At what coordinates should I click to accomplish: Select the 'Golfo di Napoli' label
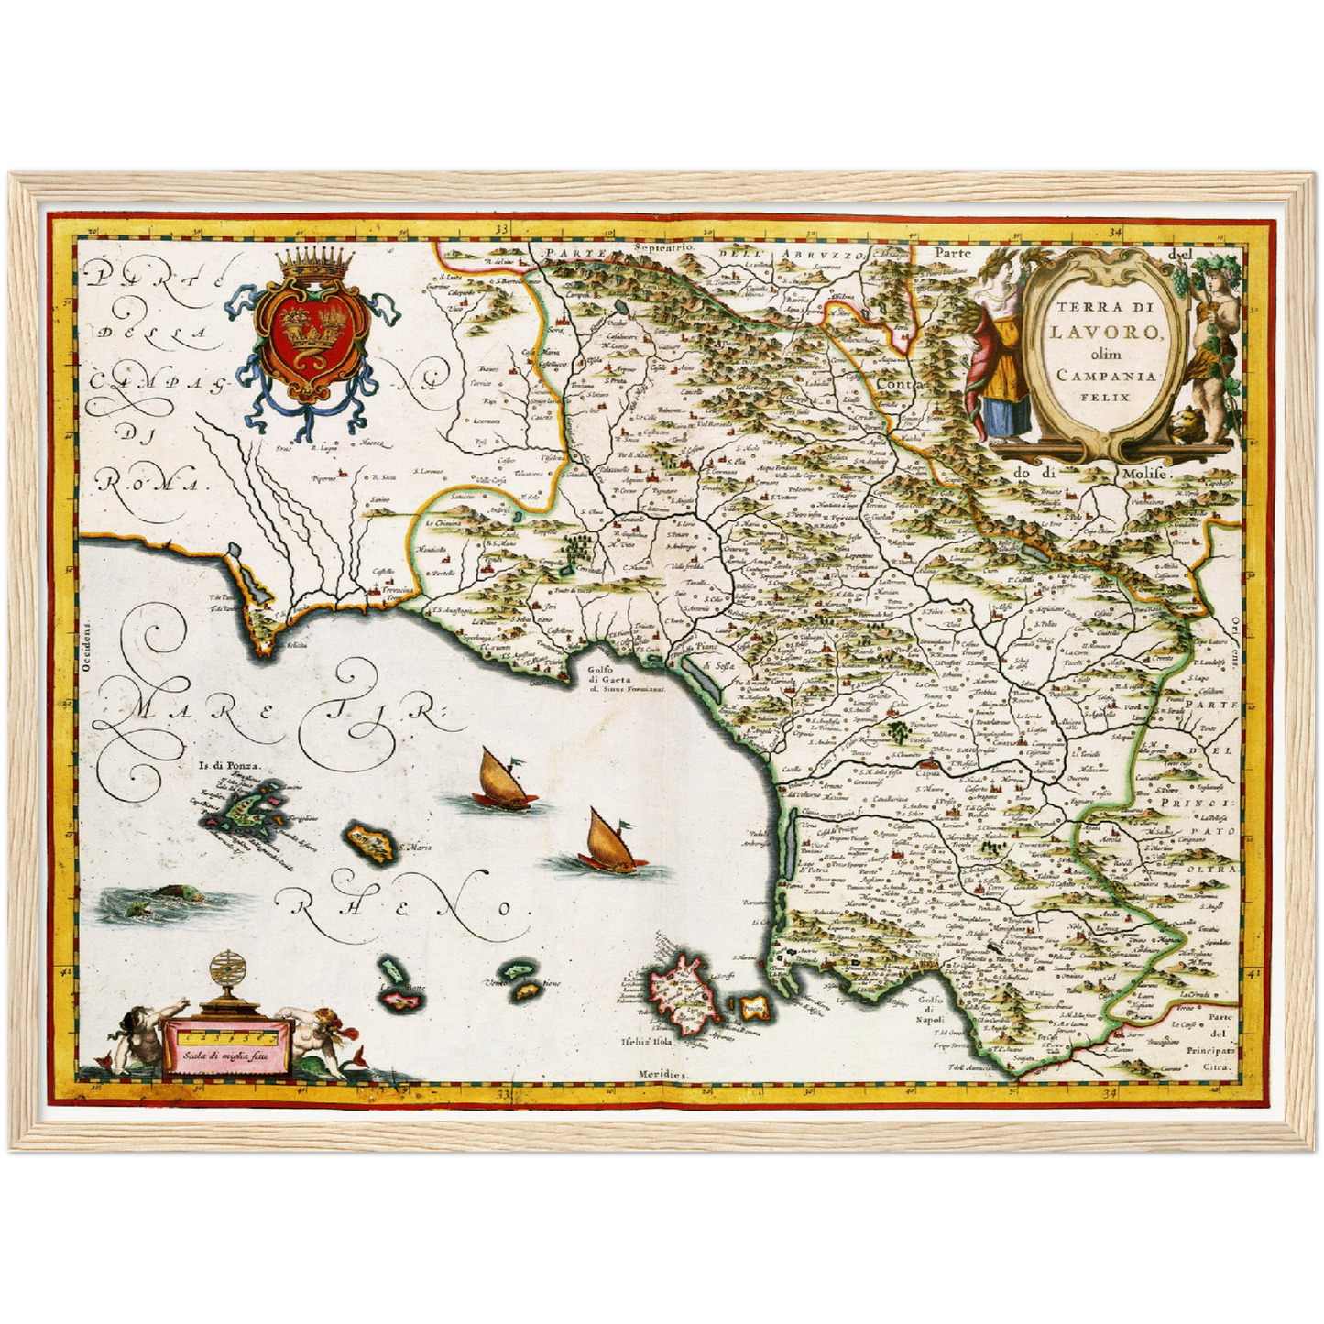[x=931, y=1010]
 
